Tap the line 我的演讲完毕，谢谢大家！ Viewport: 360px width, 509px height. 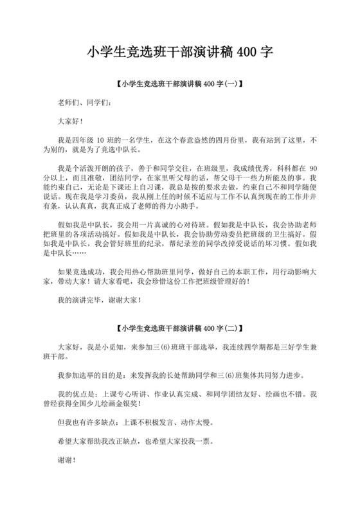(98, 299)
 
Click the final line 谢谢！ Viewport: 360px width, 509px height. (66, 460)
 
